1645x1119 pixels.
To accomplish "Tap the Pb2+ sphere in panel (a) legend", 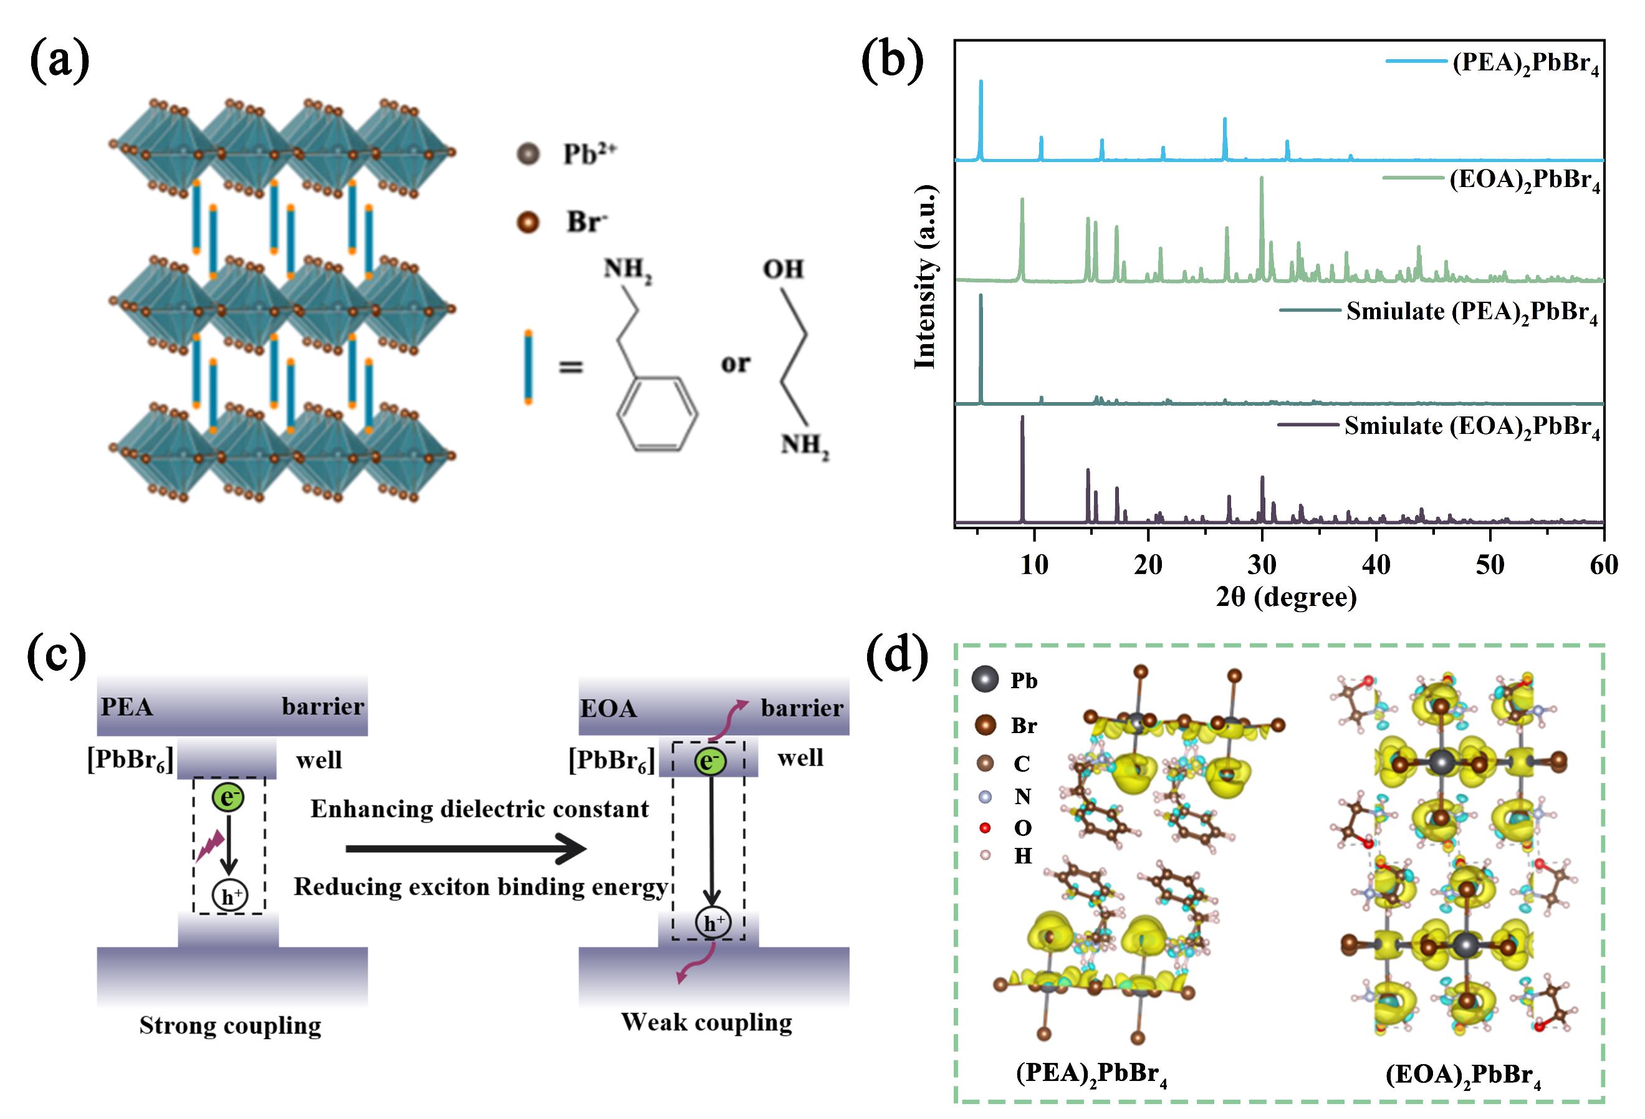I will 528,153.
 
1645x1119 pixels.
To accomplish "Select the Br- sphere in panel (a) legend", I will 528,223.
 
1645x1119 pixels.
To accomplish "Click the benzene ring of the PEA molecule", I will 658,414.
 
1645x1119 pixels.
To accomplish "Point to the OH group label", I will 783,269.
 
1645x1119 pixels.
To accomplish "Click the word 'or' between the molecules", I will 736,364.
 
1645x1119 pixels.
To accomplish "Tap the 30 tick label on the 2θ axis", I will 1262,565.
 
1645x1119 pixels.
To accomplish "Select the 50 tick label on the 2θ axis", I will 1489,565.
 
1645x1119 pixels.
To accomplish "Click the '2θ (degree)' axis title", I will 1286,597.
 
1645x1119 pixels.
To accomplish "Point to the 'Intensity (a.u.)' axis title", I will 925,277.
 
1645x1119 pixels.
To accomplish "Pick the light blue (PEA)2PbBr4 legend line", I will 1416,62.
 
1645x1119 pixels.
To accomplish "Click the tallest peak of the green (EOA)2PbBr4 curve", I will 1262,178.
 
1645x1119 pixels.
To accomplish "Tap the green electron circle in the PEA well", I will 228,798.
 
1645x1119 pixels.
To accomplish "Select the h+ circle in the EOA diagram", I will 712,922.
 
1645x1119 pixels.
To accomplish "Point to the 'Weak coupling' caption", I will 706,1022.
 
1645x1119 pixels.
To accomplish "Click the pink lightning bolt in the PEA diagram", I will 210,846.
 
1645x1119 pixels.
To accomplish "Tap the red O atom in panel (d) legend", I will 985,828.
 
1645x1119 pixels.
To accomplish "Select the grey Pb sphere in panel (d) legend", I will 986,680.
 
